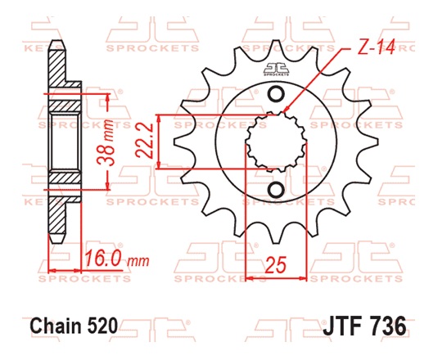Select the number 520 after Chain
(x=104, y=325)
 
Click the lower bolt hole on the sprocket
(x=277, y=190)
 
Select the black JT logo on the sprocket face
(x=277, y=72)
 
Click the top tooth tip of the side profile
(x=57, y=44)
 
